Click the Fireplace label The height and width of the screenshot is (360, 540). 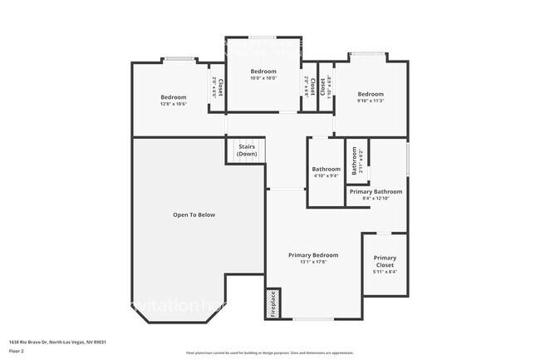(272, 304)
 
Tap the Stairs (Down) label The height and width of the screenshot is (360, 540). (247, 150)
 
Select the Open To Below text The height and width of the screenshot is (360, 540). (194, 215)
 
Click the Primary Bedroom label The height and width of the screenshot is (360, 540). (313, 254)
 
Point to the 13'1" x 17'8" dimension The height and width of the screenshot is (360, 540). (313, 261)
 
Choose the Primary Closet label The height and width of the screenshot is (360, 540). (385, 261)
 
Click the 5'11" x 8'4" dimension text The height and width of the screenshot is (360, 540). (385, 272)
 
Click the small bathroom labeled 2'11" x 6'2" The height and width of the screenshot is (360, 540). (355, 160)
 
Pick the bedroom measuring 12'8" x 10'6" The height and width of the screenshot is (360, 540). (174, 101)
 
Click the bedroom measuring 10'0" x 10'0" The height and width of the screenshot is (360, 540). (263, 75)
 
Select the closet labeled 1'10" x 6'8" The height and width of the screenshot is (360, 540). (326, 87)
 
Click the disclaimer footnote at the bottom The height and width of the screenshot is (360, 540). (269, 353)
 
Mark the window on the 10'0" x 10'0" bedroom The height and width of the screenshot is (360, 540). (263, 37)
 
